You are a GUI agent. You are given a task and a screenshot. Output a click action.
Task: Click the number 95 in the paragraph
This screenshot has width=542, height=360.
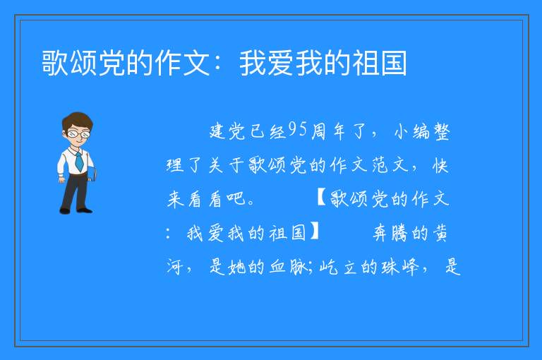tap(297, 130)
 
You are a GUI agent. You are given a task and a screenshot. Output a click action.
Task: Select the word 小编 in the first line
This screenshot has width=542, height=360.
tap(412, 132)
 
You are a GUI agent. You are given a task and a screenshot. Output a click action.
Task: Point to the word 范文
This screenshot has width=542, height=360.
tap(390, 165)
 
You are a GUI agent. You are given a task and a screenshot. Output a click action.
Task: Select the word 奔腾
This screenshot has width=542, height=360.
tap(390, 232)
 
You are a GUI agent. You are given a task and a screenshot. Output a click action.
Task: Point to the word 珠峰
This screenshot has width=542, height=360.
tap(400, 267)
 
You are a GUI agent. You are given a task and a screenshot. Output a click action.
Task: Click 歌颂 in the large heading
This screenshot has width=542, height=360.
tap(69, 63)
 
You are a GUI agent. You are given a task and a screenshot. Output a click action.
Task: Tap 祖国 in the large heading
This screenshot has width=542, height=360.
tap(379, 63)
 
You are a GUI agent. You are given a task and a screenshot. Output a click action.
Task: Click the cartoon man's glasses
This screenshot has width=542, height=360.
tap(78, 134)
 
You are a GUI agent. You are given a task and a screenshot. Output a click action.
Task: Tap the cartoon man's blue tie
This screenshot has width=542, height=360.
tap(79, 162)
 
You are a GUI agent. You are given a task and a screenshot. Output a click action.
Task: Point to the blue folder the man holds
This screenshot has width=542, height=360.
tap(92, 174)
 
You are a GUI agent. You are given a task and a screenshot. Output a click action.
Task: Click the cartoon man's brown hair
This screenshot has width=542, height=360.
tap(77, 120)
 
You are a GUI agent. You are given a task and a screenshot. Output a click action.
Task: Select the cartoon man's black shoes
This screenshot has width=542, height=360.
tap(76, 210)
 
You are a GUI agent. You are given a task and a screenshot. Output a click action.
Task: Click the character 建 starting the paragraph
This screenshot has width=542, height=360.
tap(218, 132)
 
